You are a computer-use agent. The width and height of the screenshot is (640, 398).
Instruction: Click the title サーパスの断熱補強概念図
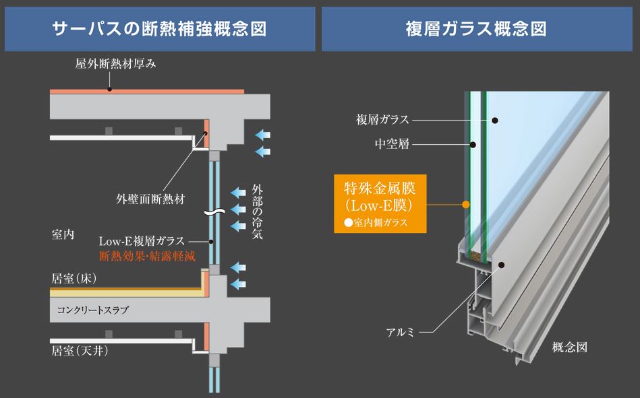pos(160,29)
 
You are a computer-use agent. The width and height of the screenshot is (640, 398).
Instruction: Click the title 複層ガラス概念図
pos(476,29)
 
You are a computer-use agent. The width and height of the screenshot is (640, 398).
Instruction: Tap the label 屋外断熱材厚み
pos(115,63)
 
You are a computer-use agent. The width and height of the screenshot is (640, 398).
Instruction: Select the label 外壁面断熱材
pos(150,199)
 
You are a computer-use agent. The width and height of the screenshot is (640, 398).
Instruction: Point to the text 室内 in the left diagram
pos(63,234)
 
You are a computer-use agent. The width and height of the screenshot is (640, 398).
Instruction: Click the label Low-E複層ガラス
pos(142,241)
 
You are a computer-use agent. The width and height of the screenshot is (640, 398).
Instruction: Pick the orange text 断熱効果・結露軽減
pos(147,256)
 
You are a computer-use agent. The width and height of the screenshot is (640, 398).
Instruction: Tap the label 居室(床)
pos(74,279)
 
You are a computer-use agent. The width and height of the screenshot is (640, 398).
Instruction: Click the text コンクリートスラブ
pos(92,310)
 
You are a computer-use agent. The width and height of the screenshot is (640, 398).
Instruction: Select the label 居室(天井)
pos(80,350)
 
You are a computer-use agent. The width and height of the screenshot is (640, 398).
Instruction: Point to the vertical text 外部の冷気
pos(257,211)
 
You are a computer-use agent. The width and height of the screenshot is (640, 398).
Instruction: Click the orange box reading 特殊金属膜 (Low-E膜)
pos(380,204)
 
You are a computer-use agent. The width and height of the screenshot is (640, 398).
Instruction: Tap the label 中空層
pos(392,144)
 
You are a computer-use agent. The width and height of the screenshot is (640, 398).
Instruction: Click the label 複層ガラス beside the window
pos(382,119)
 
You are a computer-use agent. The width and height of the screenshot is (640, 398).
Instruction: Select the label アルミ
pos(400,333)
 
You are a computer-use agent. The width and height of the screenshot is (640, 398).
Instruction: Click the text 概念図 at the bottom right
pos(570,347)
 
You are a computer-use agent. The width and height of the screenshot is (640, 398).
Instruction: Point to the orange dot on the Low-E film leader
pos(466,204)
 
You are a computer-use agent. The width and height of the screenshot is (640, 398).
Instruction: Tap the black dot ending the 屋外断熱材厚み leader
pos(109,89)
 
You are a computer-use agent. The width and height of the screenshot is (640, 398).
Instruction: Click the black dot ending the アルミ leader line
pos(502,265)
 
